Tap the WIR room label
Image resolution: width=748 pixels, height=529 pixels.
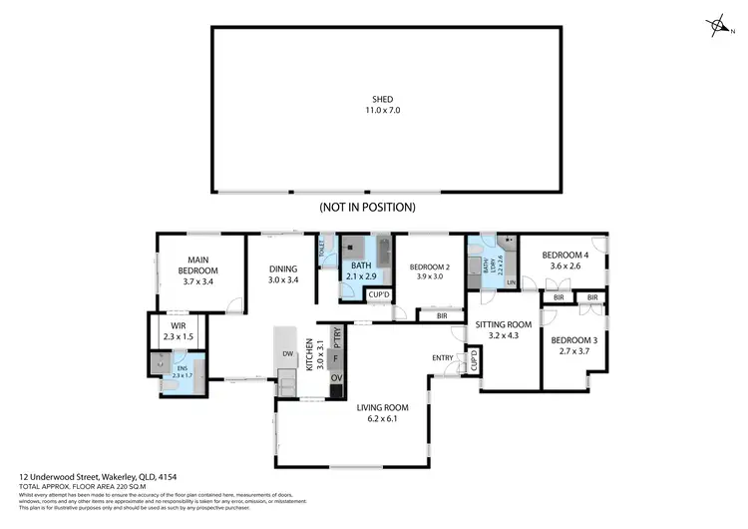tap(180, 324)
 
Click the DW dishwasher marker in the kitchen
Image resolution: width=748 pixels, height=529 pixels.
tap(286, 353)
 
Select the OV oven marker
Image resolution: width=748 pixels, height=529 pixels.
tap(336, 378)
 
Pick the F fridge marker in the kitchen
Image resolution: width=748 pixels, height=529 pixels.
tap(336, 356)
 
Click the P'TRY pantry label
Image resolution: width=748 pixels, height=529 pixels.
tap(336, 335)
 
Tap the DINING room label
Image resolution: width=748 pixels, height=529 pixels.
tap(283, 268)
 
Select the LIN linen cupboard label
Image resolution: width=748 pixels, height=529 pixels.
tap(511, 283)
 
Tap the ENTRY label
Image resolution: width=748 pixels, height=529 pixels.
tap(443, 357)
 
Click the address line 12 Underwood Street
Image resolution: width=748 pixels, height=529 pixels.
tap(105, 477)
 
